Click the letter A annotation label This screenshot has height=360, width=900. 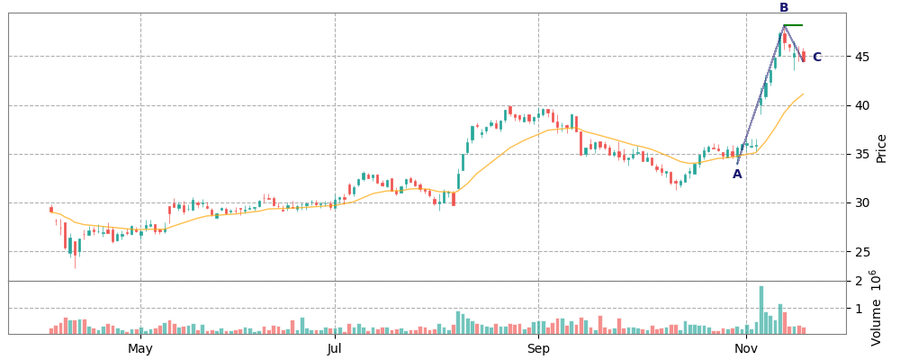(737, 175)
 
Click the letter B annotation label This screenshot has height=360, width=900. (784, 8)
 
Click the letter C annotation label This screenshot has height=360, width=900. (816, 58)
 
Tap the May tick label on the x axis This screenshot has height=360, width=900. (140, 349)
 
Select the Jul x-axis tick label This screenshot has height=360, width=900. (335, 349)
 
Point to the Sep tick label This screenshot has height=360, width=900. (538, 349)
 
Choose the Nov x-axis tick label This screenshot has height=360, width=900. (746, 349)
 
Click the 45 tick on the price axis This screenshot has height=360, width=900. (861, 57)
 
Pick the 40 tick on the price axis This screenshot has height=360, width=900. (861, 105)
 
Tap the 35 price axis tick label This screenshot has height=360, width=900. (861, 154)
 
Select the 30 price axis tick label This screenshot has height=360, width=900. (861, 202)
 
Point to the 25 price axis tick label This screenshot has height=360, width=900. (861, 251)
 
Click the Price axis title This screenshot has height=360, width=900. (881, 148)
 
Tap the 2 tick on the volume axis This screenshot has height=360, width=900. (858, 282)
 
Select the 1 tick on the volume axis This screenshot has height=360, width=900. (858, 309)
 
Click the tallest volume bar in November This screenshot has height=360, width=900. (761, 310)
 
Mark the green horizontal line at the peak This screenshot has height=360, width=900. (793, 25)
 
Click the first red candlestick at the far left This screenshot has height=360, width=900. (51, 210)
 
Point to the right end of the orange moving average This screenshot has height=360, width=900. (803, 94)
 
